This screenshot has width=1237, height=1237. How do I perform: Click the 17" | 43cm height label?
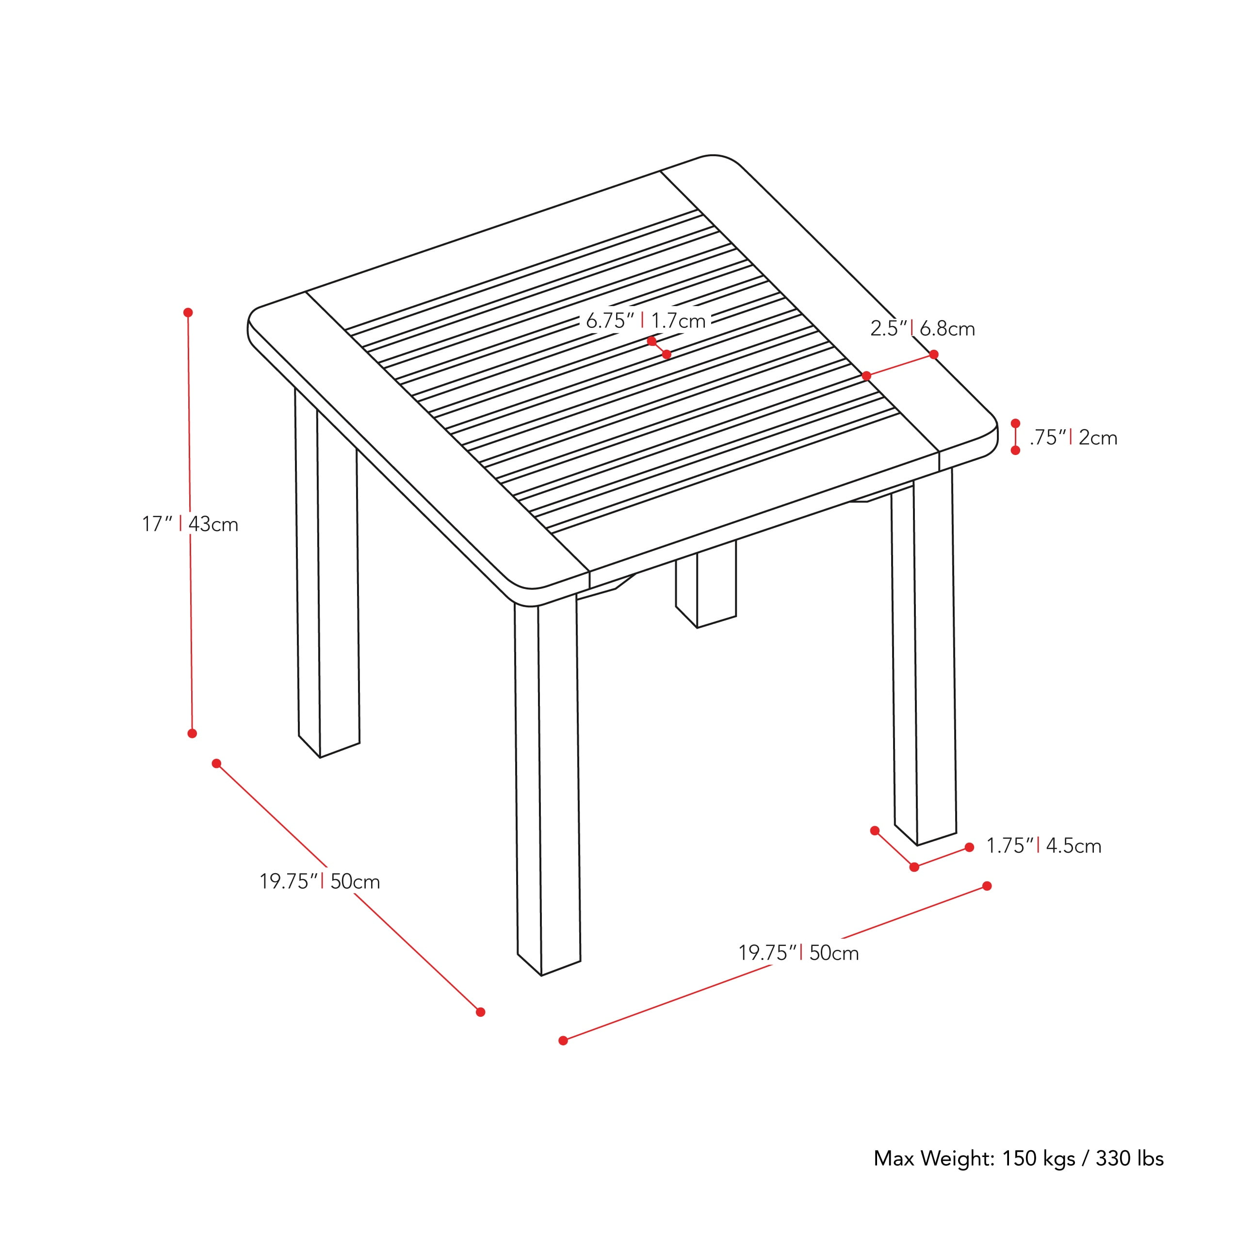(x=190, y=524)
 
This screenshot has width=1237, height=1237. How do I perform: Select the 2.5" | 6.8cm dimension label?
(x=922, y=329)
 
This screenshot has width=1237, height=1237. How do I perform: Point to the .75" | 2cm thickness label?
(x=1073, y=438)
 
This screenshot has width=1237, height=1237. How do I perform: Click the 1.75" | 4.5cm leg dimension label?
(x=1043, y=846)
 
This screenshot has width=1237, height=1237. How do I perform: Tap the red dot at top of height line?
(x=188, y=312)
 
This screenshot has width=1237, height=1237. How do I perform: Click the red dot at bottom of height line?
(x=192, y=733)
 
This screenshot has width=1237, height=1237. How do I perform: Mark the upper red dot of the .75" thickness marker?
(x=1015, y=423)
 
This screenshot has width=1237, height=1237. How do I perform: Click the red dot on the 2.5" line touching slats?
(x=866, y=376)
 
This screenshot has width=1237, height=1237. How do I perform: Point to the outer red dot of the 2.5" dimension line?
(x=933, y=355)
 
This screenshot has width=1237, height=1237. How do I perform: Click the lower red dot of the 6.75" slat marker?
(x=667, y=354)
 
